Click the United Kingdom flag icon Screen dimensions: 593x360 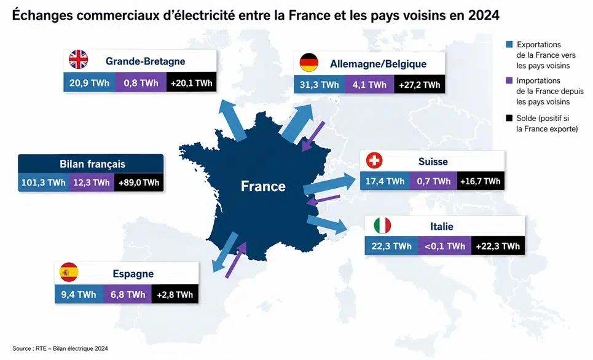[78, 60]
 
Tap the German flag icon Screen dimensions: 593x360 [309, 63]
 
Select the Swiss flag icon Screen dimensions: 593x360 [374, 160]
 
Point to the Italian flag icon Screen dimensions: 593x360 [382, 225]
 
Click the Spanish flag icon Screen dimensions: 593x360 [69, 272]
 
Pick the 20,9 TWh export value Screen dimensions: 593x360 [89, 83]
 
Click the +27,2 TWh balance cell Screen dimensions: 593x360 [419, 85]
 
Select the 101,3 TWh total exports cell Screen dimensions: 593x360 [44, 182]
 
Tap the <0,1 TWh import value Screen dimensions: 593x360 [445, 246]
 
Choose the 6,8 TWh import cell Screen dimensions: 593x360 [128, 295]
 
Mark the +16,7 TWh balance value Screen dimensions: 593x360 [481, 181]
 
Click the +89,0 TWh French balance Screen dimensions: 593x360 [139, 182]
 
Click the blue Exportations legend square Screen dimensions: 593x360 [509, 44]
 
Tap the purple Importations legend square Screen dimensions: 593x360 [509, 80]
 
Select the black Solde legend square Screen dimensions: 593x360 [509, 119]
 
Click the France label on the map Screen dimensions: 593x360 [263, 186]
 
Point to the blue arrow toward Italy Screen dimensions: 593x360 [327, 224]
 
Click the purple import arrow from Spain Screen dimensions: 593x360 [236, 260]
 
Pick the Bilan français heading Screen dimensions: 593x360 [92, 164]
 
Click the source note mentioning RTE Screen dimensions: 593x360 [60, 348]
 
